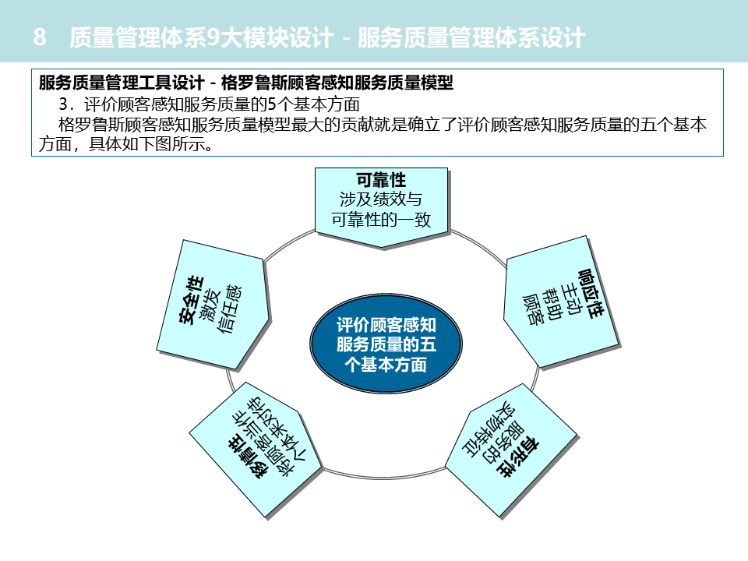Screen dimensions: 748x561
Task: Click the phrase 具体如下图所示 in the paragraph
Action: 156,145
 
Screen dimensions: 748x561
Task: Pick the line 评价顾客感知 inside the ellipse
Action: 386,324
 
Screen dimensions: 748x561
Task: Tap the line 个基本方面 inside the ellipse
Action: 386,365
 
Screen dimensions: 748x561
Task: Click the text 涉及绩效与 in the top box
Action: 382,200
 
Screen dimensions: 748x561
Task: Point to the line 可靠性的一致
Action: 382,220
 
